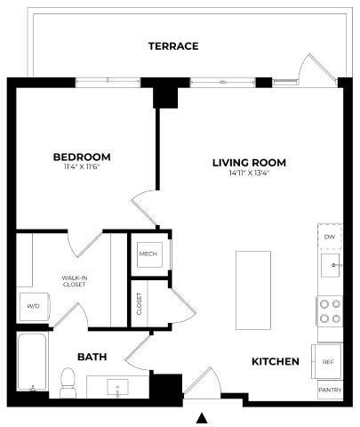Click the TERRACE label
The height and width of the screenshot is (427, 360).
[172, 46]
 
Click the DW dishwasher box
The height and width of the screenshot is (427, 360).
[330, 237]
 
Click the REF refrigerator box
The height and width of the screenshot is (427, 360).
[328, 362]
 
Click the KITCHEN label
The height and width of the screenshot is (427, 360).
[275, 362]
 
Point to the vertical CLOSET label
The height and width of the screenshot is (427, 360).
[140, 304]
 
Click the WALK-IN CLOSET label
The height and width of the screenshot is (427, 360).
[74, 283]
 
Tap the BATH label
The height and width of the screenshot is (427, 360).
[92, 357]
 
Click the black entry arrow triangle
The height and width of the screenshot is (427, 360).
[203, 417]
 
